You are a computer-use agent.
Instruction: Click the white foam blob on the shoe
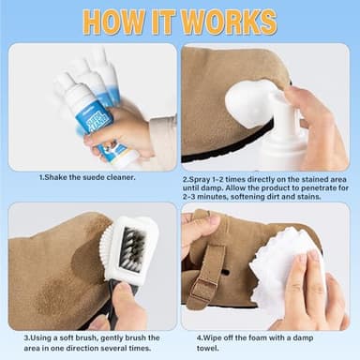(249, 101)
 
